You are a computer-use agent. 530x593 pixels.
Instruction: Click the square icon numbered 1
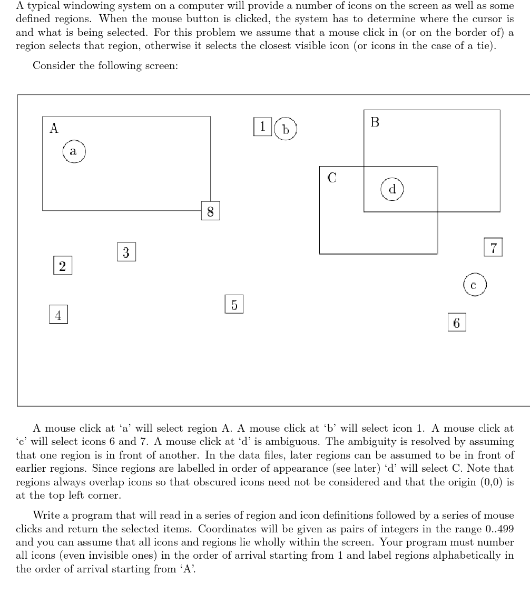click(x=262, y=127)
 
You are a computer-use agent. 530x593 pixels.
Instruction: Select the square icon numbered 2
click(x=62, y=266)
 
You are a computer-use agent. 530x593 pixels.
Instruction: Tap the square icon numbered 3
click(x=126, y=252)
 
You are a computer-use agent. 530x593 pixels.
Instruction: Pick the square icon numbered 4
click(x=58, y=315)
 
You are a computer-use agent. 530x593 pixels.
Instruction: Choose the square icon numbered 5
click(x=234, y=304)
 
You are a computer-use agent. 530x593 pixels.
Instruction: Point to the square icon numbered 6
click(x=456, y=323)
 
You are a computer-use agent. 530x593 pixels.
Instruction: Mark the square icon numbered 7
click(x=493, y=247)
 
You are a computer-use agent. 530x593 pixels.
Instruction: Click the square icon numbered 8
click(x=210, y=211)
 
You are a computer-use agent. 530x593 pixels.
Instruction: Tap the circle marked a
click(x=74, y=152)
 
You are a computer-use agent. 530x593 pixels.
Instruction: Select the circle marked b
click(x=286, y=129)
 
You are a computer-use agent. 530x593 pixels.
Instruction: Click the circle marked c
click(x=474, y=285)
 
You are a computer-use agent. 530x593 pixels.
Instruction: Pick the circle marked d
click(x=392, y=189)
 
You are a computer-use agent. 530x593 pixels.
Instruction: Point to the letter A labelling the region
click(x=54, y=128)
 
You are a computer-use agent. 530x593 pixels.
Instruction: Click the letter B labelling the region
click(x=375, y=122)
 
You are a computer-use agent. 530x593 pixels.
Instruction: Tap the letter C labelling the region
click(x=332, y=178)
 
